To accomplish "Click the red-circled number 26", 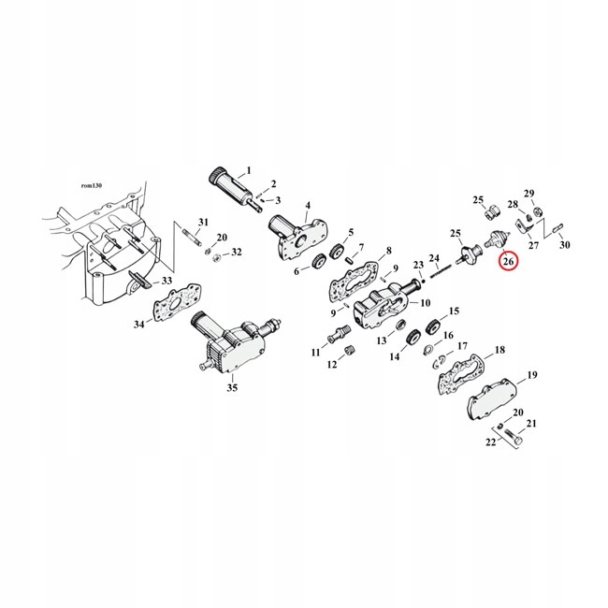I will pos(508,261).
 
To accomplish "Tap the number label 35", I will pos(232,387).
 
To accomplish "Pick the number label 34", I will pos(138,325).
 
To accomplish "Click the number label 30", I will pos(564,245).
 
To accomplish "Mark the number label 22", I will pos(488,442).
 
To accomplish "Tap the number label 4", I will pos(306,208).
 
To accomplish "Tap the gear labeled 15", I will pos(432,328).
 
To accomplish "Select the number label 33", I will pos(166,281).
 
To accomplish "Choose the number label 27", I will pos(533,245).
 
